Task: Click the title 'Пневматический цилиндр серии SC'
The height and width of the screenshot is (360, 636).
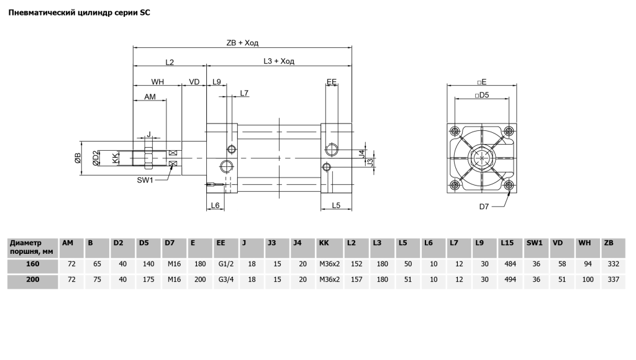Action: click(x=79, y=12)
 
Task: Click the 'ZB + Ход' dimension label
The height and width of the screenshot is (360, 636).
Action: click(x=242, y=43)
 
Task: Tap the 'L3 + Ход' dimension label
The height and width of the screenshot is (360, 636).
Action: click(x=278, y=61)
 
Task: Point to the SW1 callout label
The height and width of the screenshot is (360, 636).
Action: click(x=146, y=180)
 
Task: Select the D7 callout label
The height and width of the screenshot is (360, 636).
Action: click(x=484, y=206)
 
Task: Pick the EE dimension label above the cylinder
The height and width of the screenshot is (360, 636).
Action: click(x=332, y=81)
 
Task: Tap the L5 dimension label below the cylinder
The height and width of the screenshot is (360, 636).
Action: click(x=335, y=205)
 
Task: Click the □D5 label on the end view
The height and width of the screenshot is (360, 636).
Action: click(x=482, y=94)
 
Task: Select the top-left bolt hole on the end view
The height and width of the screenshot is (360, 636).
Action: click(x=455, y=131)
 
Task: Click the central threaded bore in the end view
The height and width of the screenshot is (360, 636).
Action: click(x=482, y=158)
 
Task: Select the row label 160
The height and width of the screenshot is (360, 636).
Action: click(x=33, y=264)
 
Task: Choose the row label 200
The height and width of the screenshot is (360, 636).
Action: click(x=33, y=280)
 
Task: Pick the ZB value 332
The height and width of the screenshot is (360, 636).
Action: click(x=613, y=264)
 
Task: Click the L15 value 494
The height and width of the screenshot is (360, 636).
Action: click(x=510, y=280)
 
